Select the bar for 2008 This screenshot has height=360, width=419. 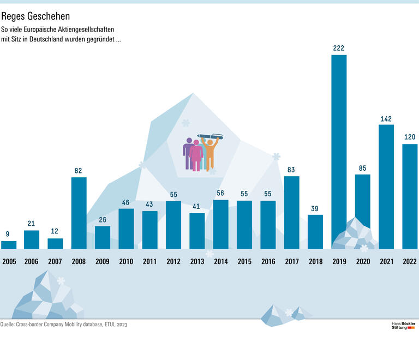tap(79, 213)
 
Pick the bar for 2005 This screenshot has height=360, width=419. tap(9, 245)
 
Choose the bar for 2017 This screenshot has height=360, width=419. tap(291, 212)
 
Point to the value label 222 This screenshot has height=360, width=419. tap(339, 49)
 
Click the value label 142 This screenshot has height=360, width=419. tap(386, 118)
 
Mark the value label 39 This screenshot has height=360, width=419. tap(315, 208)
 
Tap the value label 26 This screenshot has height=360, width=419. tap(102, 220)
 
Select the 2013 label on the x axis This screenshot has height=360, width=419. tap(197, 262)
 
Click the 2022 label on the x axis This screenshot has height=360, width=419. tap(410, 262)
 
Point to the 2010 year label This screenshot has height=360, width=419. tap(126, 262)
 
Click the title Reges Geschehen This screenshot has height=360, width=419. tap(35, 17)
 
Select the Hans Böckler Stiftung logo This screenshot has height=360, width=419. tap(403, 326)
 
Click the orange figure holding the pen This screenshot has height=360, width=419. tap(209, 153)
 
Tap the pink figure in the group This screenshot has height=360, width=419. tap(196, 155)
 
